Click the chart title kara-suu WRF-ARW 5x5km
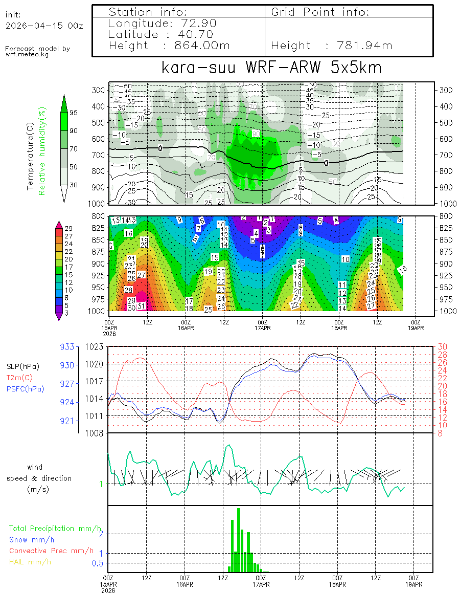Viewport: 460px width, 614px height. click(271, 68)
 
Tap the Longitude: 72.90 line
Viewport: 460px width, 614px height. click(163, 23)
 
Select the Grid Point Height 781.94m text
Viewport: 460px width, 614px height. click(332, 46)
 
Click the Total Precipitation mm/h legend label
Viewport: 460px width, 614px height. click(55, 528)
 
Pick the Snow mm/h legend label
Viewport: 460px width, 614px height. click(32, 539)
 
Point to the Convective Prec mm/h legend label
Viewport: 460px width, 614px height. click(51, 551)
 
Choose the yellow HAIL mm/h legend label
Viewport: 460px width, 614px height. click(30, 562)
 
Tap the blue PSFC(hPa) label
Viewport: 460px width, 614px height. click(26, 389)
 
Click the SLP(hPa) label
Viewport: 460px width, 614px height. click(23, 366)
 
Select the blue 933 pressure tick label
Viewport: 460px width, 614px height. click(67, 346)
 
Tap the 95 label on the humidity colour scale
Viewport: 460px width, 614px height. click(74, 113)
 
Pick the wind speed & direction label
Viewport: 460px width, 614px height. click(39, 478)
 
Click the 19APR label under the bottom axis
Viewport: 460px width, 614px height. click(414, 584)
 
